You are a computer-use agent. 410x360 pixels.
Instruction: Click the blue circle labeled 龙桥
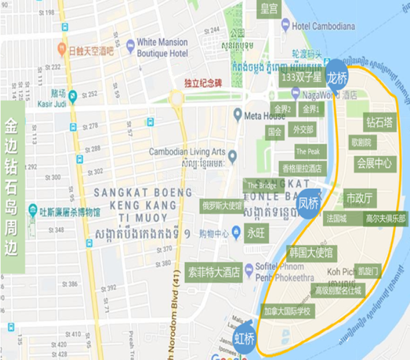337,77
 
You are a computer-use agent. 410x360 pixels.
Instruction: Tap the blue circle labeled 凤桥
308,204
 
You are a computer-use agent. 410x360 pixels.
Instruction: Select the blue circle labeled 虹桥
245,339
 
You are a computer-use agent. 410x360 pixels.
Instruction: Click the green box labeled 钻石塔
379,123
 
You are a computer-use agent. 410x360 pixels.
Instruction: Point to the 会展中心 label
374,162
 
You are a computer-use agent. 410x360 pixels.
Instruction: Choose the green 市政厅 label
360,198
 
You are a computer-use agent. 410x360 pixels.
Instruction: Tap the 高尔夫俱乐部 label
386,218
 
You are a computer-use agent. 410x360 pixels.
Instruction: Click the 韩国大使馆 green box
310,253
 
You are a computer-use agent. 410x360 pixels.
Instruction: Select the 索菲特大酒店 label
214,271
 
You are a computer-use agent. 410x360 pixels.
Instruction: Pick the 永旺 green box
257,233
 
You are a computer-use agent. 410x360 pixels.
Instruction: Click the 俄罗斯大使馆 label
222,206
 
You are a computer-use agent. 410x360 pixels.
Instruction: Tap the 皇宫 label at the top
269,9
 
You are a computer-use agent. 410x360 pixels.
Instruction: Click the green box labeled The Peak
308,152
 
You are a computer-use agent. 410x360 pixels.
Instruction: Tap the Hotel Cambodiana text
323,26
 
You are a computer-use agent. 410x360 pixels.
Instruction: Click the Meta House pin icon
237,114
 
